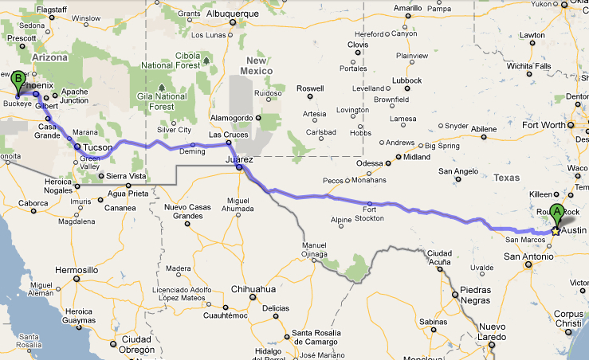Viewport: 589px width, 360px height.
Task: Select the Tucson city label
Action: point(97,147)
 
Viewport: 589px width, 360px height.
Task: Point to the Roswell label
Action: point(310,88)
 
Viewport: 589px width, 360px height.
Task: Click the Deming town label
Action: point(193,151)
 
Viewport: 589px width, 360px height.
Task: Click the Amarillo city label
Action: point(408,7)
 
